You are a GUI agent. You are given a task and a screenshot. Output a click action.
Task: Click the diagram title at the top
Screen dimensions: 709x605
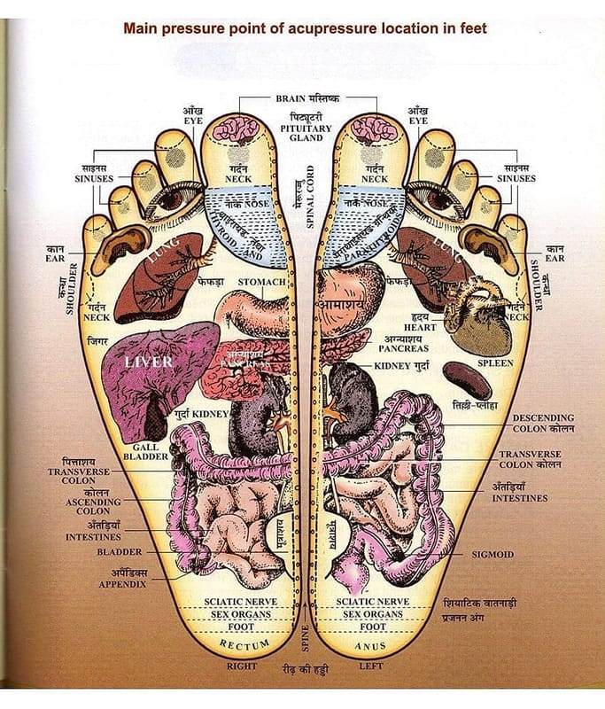tap(305, 28)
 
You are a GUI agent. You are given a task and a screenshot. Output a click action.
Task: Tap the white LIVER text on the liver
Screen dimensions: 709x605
tap(149, 362)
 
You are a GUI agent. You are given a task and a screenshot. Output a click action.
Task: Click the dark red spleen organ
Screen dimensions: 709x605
tap(467, 380)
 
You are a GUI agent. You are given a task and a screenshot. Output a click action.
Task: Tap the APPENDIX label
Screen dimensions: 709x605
tap(122, 584)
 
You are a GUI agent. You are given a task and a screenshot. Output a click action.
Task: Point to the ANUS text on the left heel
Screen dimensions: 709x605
tap(370, 647)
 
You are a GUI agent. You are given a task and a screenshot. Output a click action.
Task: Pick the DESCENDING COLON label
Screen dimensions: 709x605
tap(543, 423)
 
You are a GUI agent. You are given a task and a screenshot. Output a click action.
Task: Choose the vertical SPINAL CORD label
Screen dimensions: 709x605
tap(311, 202)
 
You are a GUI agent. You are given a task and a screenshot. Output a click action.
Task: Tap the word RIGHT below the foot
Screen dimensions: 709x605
tap(242, 666)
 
